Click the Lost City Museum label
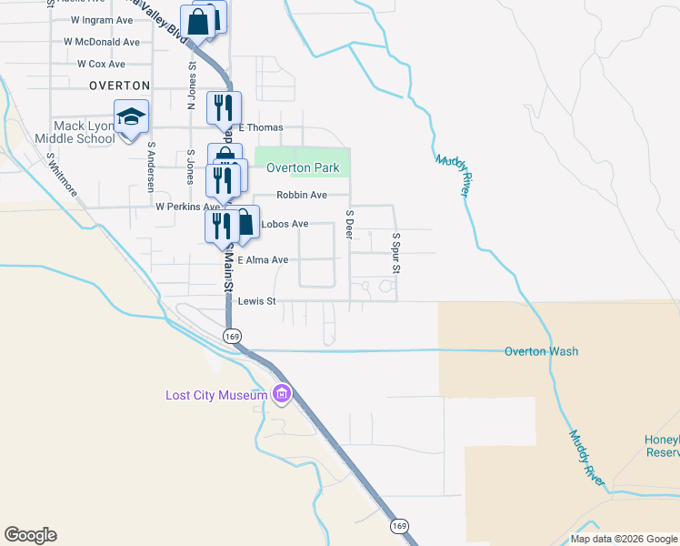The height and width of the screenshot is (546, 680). [x=216, y=395]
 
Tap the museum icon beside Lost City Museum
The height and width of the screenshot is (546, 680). [x=282, y=394]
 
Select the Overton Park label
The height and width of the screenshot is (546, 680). [x=303, y=167]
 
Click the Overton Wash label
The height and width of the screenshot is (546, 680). [x=542, y=351]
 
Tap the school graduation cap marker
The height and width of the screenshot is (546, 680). [x=132, y=116]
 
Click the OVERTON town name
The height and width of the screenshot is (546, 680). [x=119, y=85]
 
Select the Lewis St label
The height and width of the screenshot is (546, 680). [x=255, y=301]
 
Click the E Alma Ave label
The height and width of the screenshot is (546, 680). [x=263, y=260]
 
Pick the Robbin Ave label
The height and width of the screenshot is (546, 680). [x=301, y=195]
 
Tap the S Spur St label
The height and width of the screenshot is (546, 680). [x=396, y=252]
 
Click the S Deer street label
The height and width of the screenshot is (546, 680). [x=349, y=224]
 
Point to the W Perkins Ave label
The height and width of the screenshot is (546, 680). [x=187, y=207]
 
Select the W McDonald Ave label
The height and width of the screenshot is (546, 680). [x=102, y=42]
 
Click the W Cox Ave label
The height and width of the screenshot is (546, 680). [x=101, y=64]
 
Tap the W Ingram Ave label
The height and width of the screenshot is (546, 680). [x=101, y=19]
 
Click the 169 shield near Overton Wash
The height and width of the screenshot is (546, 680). [x=233, y=336]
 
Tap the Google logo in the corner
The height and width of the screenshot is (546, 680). [x=30, y=535]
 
